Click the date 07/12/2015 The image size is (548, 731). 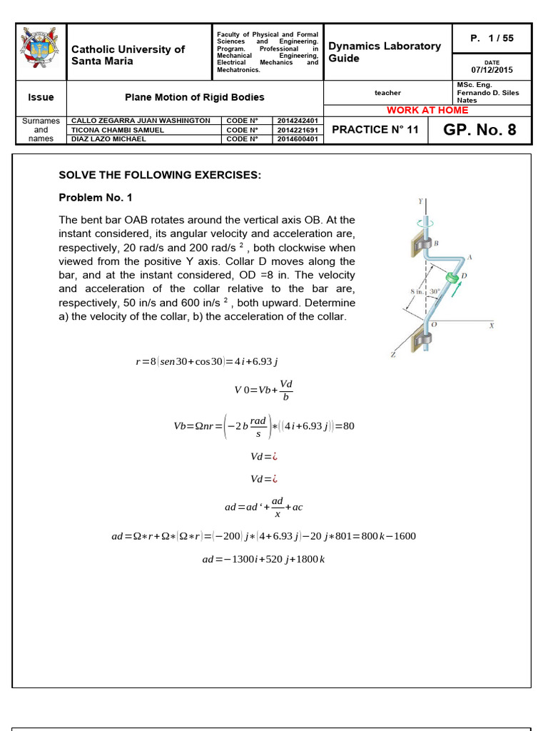[492, 70]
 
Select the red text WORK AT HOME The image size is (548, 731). [427, 110]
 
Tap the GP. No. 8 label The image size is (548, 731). [479, 130]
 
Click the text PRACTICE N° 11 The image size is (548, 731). [375, 130]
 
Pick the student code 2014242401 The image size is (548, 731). [299, 121]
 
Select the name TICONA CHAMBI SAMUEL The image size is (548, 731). [118, 130]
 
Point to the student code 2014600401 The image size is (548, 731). [299, 139]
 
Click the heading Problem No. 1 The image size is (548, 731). [95, 197]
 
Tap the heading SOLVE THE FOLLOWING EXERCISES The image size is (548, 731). [160, 175]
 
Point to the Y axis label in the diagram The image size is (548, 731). [420, 201]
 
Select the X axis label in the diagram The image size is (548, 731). [492, 326]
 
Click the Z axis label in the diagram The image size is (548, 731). [392, 354]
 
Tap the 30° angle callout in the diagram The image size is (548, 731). [434, 291]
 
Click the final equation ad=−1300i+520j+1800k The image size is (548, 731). [263, 559]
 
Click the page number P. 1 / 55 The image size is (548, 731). [492, 38]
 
